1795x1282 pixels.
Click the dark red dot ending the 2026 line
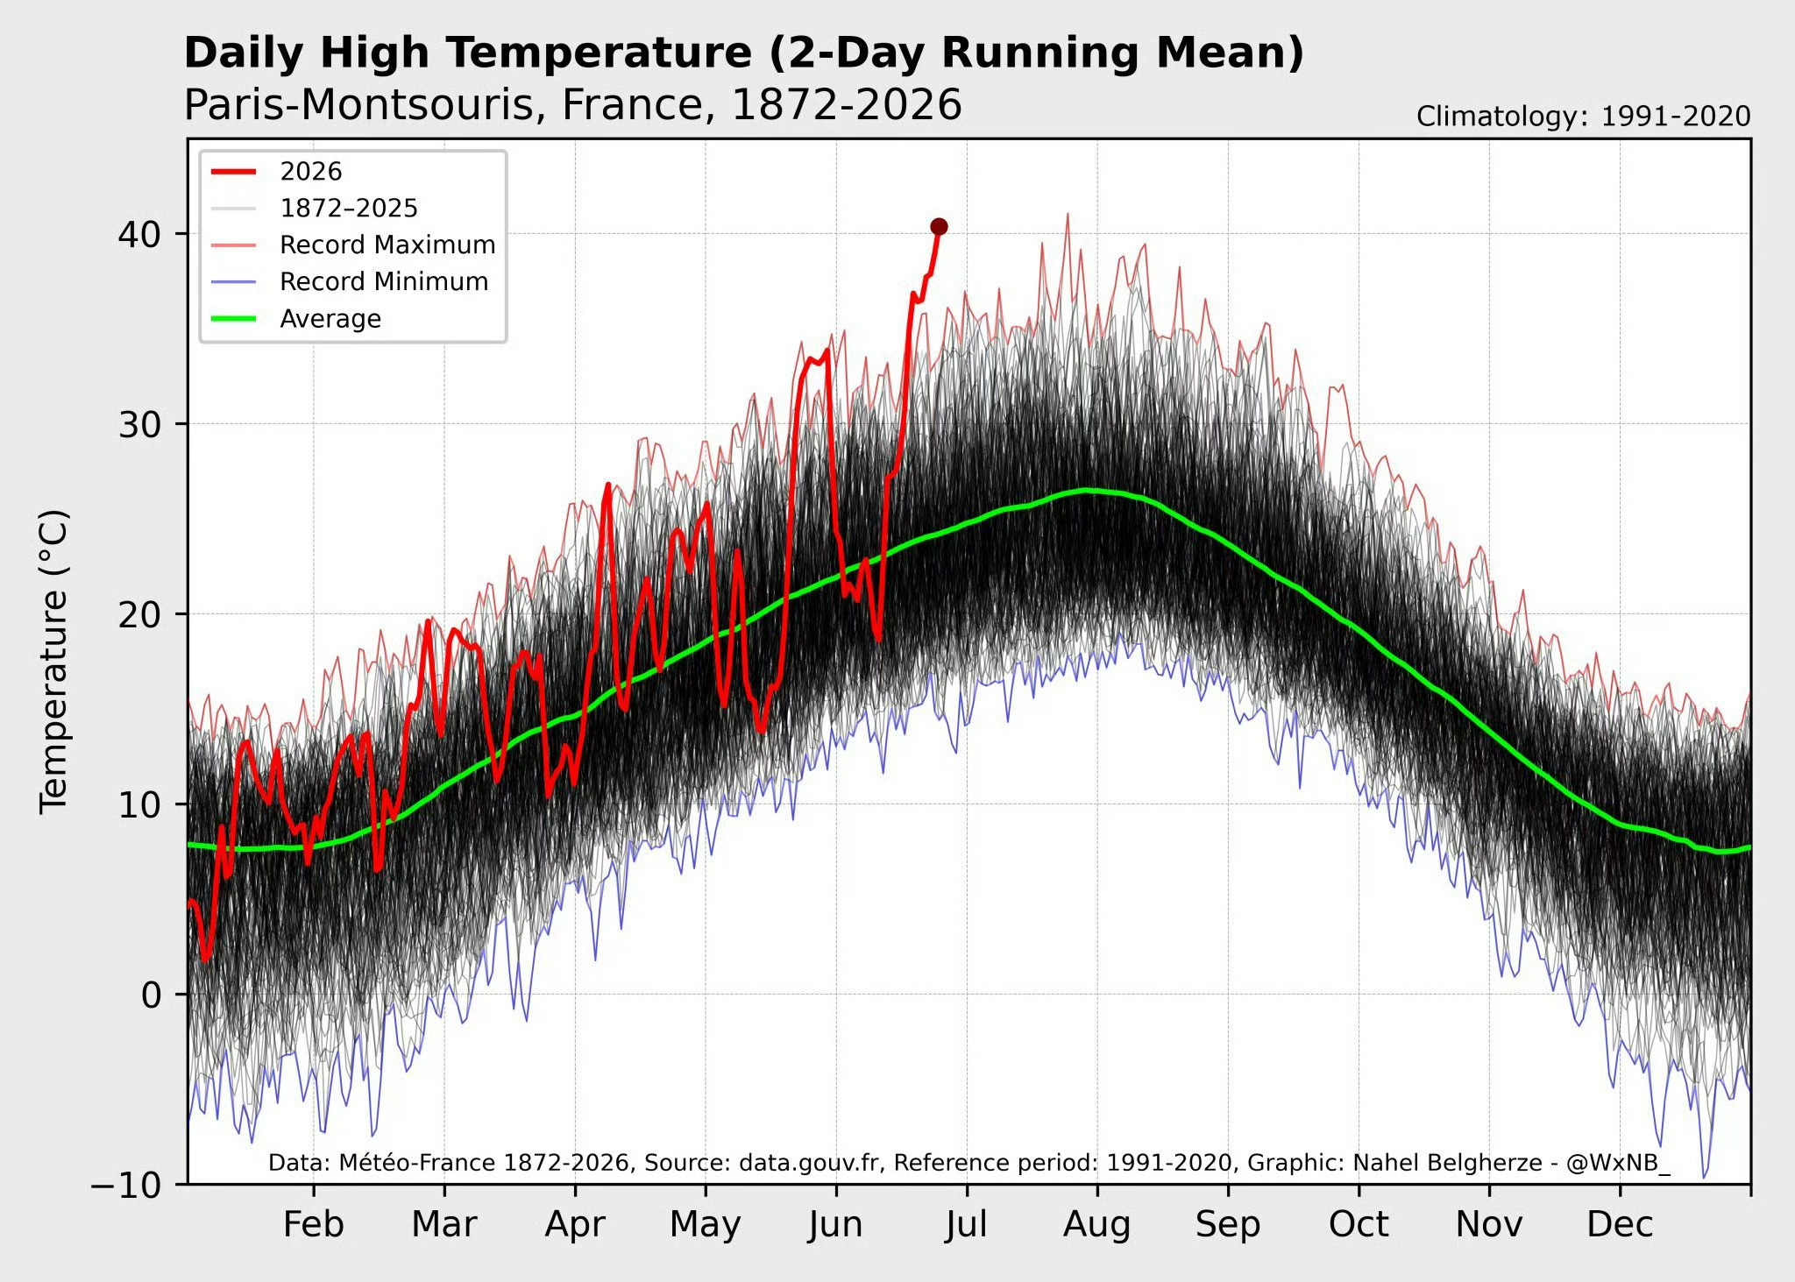pyautogui.click(x=939, y=227)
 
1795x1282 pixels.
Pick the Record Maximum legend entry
pyautogui.click(x=353, y=245)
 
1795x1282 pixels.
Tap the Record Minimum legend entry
pyautogui.click(x=350, y=282)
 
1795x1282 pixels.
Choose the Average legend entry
pyautogui.click(x=296, y=319)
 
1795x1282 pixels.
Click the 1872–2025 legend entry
pyautogui.click(x=315, y=209)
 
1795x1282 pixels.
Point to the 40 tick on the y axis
pyautogui.click(x=140, y=234)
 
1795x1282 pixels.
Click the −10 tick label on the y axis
pyautogui.click(x=127, y=1185)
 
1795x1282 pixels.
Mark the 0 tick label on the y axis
pyautogui.click(x=152, y=995)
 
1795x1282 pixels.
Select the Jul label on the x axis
pyautogui.click(x=967, y=1224)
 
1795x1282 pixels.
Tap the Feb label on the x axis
pyautogui.click(x=314, y=1224)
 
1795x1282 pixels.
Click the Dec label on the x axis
pyautogui.click(x=1620, y=1224)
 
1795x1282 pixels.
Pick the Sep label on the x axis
pyautogui.click(x=1228, y=1225)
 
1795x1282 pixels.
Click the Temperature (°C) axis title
pyautogui.click(x=53, y=662)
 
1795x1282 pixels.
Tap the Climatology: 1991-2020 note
pyautogui.click(x=1584, y=117)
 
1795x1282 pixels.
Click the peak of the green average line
pyautogui.click(x=1087, y=490)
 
